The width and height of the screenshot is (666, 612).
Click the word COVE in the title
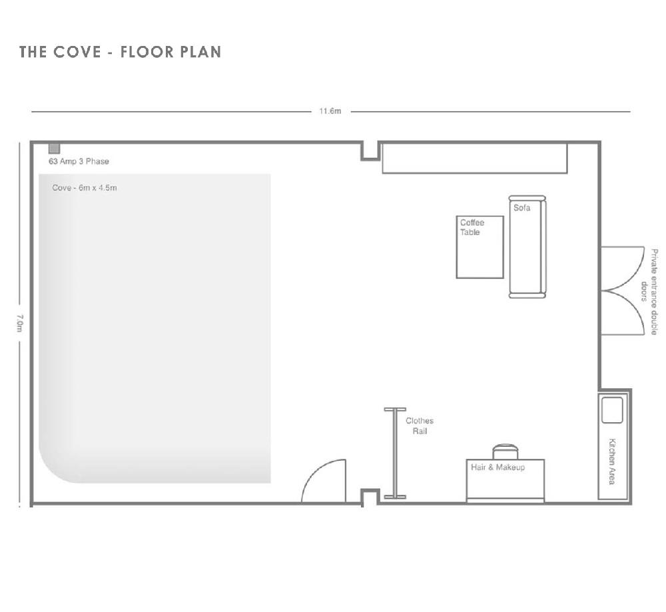[77, 52]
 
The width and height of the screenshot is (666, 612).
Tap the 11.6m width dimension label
[330, 111]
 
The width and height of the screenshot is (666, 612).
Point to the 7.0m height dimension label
[19, 324]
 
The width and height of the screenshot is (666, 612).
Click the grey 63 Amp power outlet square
[54, 149]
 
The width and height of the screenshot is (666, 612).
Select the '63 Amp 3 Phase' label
[79, 161]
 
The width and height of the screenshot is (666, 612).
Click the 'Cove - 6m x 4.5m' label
[85, 188]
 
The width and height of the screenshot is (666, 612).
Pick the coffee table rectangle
[480, 247]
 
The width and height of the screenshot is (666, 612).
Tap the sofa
[527, 247]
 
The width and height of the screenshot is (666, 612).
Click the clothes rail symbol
[395, 453]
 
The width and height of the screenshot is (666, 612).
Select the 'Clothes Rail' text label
[420, 426]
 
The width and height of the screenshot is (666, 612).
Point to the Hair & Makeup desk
[505, 481]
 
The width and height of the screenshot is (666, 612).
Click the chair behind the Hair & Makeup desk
[505, 452]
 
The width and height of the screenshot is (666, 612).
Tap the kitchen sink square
[612, 410]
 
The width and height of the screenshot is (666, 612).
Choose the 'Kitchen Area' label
[612, 461]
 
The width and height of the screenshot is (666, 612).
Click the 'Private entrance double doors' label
[650, 292]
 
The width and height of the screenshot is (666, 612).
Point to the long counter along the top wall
[475, 158]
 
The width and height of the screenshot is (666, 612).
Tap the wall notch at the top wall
[370, 152]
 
